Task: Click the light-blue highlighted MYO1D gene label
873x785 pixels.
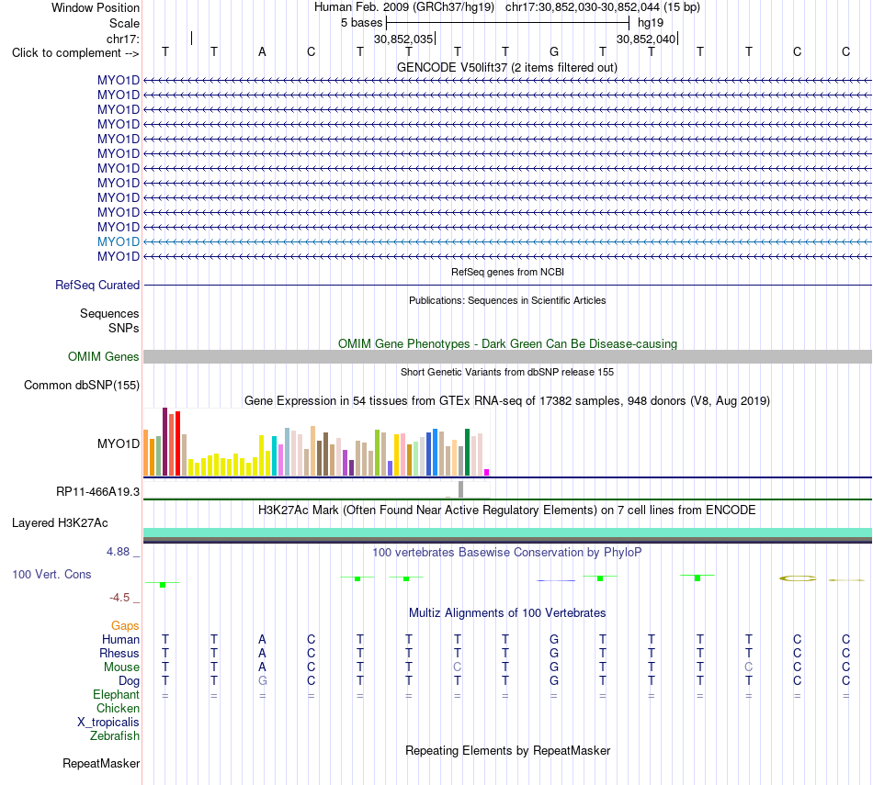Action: [x=118, y=242]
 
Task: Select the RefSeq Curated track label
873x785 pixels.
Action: [x=97, y=285]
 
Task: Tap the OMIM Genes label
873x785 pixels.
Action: [x=104, y=356]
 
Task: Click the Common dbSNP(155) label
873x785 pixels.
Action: [x=82, y=385]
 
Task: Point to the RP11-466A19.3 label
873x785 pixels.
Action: [x=98, y=492]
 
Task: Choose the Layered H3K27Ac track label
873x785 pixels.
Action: [x=60, y=523]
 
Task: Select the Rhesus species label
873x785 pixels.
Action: [x=119, y=653]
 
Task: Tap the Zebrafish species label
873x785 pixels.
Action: [x=115, y=736]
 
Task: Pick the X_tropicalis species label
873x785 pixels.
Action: [x=108, y=723]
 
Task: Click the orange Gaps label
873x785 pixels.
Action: [x=125, y=626]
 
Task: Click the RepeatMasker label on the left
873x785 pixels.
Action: [x=101, y=763]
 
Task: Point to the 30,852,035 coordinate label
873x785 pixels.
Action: [x=403, y=39]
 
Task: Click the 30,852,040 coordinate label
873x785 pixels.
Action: [x=646, y=39]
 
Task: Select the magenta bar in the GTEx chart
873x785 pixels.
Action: [x=487, y=472]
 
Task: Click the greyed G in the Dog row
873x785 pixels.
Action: [x=262, y=681]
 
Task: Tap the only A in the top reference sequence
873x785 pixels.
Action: [x=262, y=51]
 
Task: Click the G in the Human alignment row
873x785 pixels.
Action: [x=554, y=639]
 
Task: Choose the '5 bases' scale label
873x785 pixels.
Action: [x=362, y=23]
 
